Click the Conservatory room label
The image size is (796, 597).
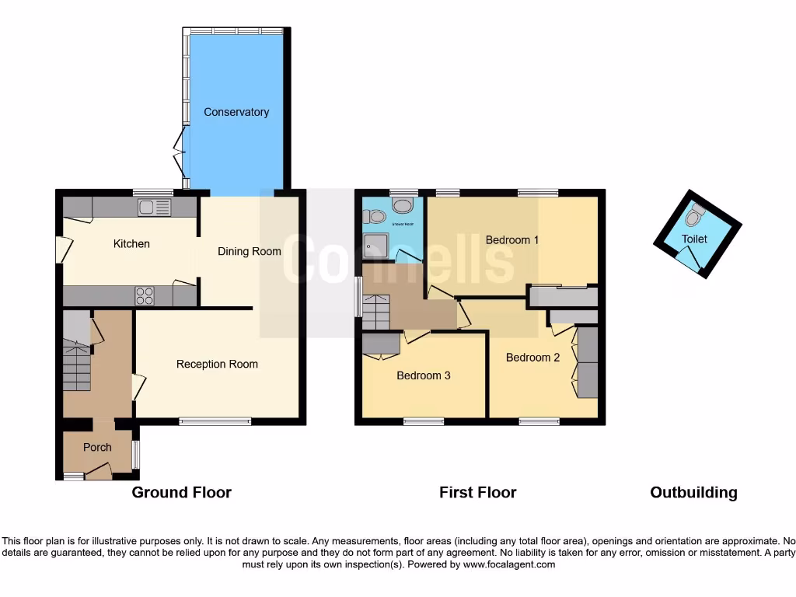tap(236, 112)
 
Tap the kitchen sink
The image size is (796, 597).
tap(154, 207)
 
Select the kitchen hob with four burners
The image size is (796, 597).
tap(145, 295)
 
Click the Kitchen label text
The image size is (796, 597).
tap(131, 244)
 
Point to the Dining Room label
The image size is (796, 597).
tap(249, 251)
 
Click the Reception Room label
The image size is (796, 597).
tap(217, 364)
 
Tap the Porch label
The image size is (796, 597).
tap(97, 447)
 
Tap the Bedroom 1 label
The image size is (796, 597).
tap(512, 239)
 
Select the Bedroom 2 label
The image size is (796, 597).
tap(532, 358)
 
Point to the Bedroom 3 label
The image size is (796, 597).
tap(424, 375)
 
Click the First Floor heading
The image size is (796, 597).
tap(477, 492)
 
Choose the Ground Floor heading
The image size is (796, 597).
tap(181, 492)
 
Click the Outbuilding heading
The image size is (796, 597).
tap(693, 492)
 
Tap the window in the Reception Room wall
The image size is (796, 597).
tap(215, 421)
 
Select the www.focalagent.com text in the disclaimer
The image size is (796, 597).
tap(509, 564)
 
